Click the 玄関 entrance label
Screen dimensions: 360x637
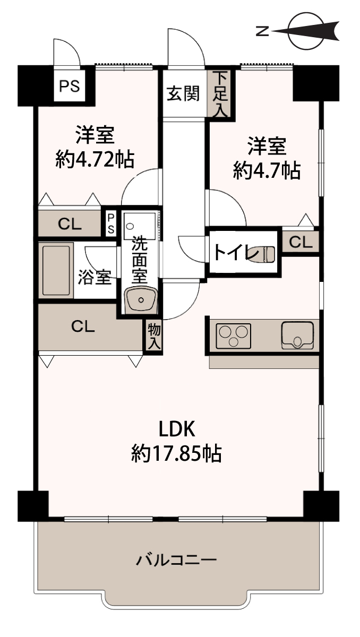coord(183,93)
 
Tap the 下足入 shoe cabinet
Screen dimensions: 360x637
coord(221,94)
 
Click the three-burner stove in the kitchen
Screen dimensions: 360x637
coord(234,336)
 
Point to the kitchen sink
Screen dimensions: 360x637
coord(298,335)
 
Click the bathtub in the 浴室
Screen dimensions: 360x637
coord(56,270)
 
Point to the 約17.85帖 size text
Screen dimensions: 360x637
coord(176,453)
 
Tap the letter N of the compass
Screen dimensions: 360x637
coord(262,31)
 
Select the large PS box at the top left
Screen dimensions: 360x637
coord(69,85)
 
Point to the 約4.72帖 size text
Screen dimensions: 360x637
coord(95,160)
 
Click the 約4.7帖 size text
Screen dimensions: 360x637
coord(267,170)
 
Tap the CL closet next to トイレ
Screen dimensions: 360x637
coord(301,242)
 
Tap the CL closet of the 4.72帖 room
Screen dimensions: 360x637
coord(70,223)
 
